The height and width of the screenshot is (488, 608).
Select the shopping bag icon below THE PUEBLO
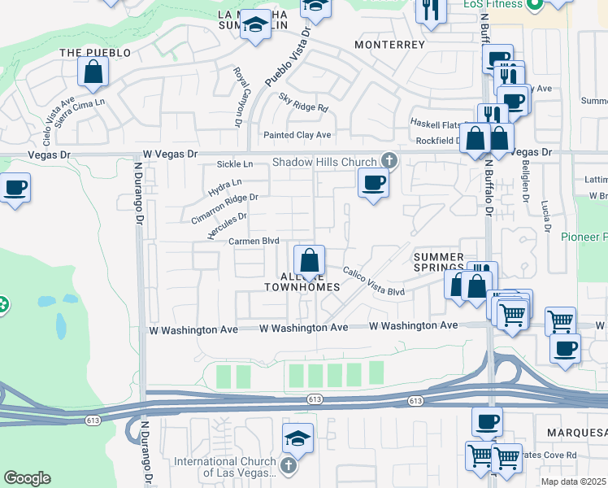(x=94, y=72)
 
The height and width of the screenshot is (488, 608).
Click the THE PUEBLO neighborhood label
(x=95, y=53)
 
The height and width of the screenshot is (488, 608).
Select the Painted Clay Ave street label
(x=297, y=135)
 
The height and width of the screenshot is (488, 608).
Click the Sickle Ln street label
(x=235, y=164)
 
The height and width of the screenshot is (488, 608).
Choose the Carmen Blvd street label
(x=254, y=242)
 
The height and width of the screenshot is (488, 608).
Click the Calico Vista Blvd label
(x=373, y=281)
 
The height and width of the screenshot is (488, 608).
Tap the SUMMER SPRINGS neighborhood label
(x=438, y=262)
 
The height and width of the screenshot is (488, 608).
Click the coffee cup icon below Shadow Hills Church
(x=373, y=182)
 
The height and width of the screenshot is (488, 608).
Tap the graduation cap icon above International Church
(x=298, y=438)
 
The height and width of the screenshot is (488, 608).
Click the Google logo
(x=27, y=478)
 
